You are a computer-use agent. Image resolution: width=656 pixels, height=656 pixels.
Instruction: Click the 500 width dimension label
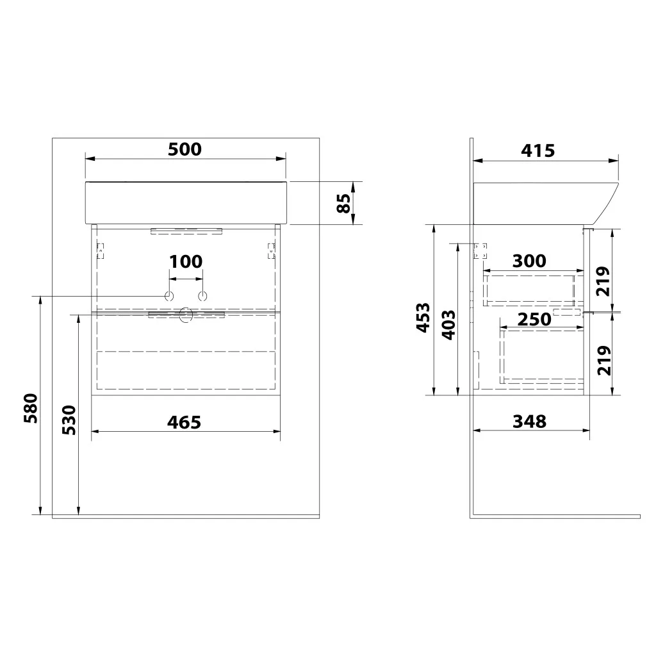click(x=184, y=149)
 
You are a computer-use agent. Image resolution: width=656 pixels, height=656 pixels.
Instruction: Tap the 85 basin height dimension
click(x=344, y=203)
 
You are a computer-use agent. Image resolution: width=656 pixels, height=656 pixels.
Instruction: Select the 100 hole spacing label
click(x=186, y=262)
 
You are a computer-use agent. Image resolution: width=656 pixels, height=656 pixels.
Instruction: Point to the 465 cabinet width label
click(x=184, y=423)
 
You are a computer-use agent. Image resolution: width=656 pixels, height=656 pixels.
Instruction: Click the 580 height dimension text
click(x=31, y=408)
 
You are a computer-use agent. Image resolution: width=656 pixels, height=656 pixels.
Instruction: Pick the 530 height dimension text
click(x=69, y=420)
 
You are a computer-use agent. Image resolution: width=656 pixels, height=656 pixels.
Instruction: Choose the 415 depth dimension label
click(x=538, y=151)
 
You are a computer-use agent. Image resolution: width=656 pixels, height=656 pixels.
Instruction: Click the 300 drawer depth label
click(x=529, y=261)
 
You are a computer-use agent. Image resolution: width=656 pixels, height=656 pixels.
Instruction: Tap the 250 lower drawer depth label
click(x=534, y=320)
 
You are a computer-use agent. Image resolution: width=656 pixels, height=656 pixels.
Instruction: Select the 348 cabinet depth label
click(x=530, y=422)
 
